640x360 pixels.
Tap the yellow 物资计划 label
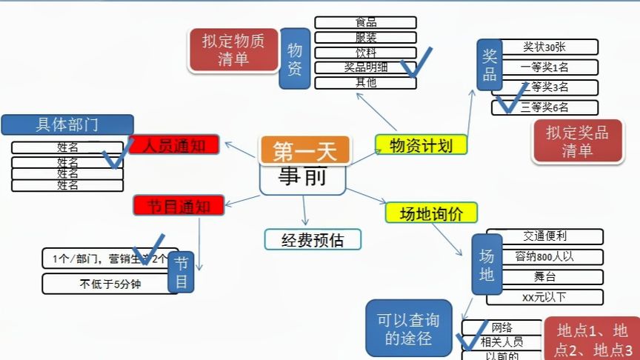tap(421, 145)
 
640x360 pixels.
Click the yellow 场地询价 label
tap(431, 213)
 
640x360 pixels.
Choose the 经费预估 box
tap(313, 240)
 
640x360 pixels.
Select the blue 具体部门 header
tap(67, 124)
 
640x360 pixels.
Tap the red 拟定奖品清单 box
tap(577, 141)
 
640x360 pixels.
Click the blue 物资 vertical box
tap(294, 59)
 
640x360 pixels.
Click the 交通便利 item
tap(545, 236)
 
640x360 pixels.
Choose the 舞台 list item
tap(545, 277)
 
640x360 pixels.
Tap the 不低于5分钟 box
tap(110, 284)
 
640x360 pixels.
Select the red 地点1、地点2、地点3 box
tap(592, 340)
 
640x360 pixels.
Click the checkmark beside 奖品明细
tap(416, 67)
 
